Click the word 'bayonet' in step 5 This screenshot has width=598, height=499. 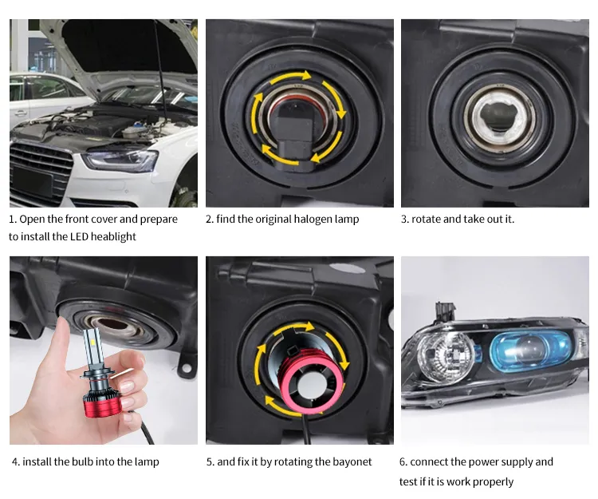pyautogui.click(x=352, y=462)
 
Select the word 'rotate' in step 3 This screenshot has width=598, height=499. pyautogui.click(x=426, y=219)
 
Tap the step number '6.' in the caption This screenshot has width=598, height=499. pyautogui.click(x=403, y=462)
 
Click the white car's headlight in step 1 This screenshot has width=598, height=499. pyautogui.click(x=120, y=160)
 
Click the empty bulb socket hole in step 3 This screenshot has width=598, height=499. pyautogui.click(x=499, y=117)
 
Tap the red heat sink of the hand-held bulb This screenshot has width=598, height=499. pyautogui.click(x=103, y=402)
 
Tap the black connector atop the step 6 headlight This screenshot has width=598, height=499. pyautogui.click(x=445, y=311)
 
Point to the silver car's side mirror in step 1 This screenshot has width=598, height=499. pyautogui.click(x=21, y=113)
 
